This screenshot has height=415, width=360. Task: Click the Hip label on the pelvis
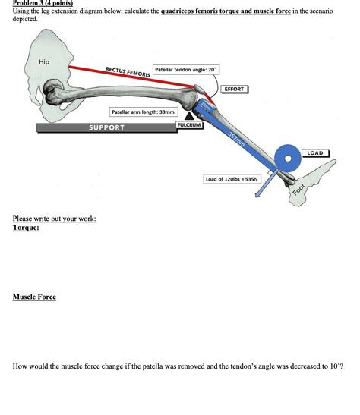[x=44, y=61]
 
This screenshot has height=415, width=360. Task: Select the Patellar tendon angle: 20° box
[x=186, y=69]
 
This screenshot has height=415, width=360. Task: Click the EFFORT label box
[x=233, y=90]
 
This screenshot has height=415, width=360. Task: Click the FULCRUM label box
[x=189, y=125]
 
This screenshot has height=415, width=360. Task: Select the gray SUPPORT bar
[x=106, y=127]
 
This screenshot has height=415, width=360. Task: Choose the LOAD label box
[x=314, y=153]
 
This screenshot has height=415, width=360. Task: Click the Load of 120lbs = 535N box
[x=232, y=179]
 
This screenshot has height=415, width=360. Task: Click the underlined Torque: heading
[x=25, y=228]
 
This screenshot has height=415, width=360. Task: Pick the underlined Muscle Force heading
[x=34, y=297]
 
